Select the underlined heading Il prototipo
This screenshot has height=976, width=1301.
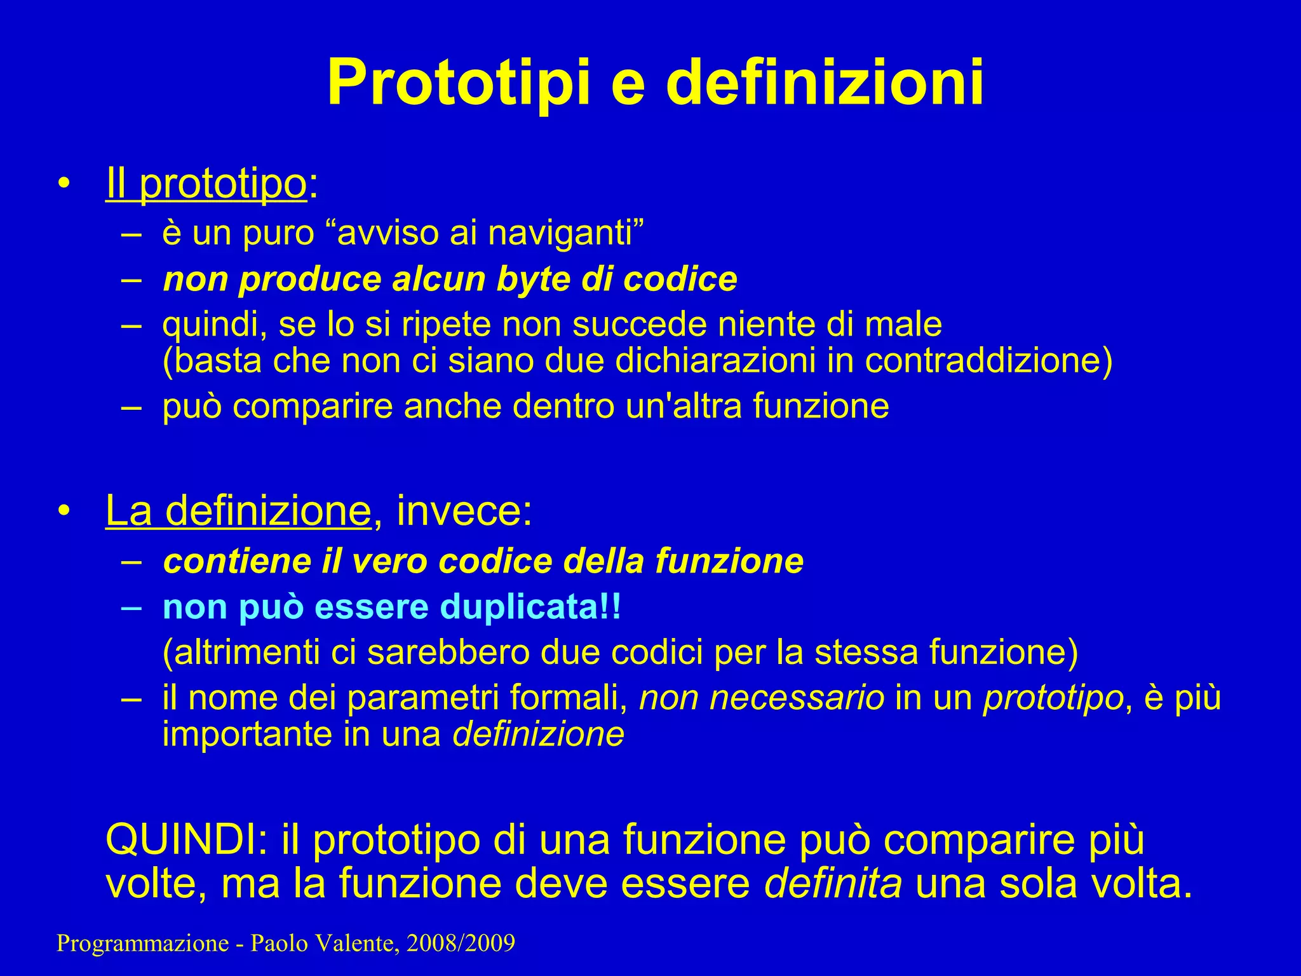pos(206,184)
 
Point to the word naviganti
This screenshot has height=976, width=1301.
pos(565,233)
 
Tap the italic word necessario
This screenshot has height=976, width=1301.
pos(762,698)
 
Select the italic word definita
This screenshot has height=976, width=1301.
pos(833,884)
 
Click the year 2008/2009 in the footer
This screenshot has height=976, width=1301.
pos(461,944)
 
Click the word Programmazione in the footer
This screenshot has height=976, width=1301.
pos(142,944)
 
